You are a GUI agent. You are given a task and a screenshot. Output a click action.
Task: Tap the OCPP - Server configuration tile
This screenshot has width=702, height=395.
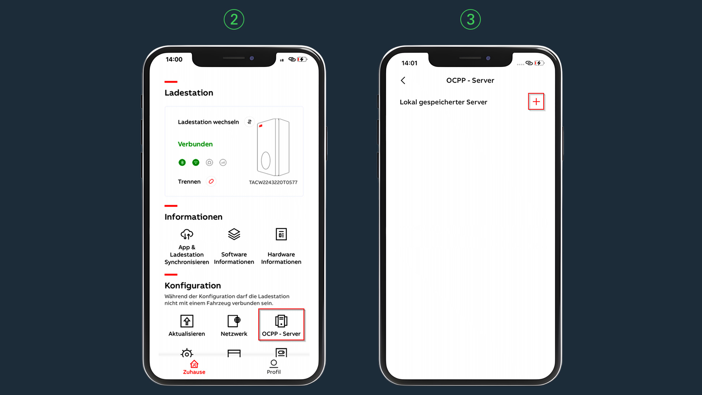(x=281, y=325)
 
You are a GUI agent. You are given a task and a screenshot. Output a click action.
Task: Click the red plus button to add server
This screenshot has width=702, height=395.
(x=536, y=102)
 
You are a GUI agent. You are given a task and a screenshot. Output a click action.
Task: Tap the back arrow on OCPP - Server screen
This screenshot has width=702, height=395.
(x=403, y=80)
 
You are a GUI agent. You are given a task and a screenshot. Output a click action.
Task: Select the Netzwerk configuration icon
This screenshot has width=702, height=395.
(x=234, y=321)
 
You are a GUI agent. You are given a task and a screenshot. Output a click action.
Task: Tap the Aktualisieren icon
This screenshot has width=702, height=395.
(x=187, y=321)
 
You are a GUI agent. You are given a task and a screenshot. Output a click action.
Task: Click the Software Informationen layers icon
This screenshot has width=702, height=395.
(x=234, y=234)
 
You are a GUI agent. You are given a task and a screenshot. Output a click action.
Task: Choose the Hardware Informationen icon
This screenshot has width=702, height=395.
(x=281, y=234)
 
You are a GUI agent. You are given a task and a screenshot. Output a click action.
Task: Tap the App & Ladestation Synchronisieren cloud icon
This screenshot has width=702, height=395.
(x=187, y=234)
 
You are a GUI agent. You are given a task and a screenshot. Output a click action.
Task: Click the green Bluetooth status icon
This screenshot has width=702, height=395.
(x=182, y=162)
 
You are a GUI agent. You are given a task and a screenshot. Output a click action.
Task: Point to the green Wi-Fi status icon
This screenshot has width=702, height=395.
(x=196, y=162)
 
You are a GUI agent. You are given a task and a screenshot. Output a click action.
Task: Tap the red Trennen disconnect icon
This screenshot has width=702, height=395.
(x=211, y=181)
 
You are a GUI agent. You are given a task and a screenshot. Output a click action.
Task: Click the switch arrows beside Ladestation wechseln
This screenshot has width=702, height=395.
(x=249, y=122)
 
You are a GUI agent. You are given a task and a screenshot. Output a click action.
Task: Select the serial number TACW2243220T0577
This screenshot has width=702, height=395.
(x=273, y=182)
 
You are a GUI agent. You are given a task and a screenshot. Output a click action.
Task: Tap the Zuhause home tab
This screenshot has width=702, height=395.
(x=194, y=367)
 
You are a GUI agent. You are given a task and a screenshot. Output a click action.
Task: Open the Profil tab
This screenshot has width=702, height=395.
(x=273, y=367)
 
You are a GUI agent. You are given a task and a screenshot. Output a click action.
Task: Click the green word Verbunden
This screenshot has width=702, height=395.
(x=195, y=144)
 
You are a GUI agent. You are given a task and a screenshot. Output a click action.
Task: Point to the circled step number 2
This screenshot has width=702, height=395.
(x=234, y=19)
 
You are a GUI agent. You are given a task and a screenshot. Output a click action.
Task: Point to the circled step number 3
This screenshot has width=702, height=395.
(x=471, y=19)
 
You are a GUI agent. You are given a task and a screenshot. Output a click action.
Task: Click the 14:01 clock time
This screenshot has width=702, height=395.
(x=409, y=63)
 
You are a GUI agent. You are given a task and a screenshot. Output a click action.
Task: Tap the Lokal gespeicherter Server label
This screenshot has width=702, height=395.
(x=444, y=102)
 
